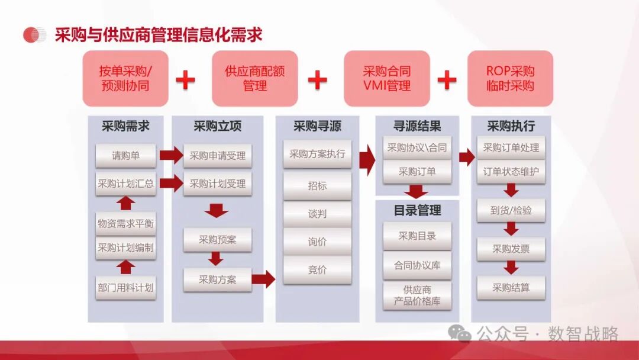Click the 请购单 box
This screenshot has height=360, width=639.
(125, 156)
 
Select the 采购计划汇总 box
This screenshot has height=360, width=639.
(125, 184)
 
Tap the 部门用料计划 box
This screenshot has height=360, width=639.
(125, 288)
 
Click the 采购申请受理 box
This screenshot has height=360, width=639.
(217, 156)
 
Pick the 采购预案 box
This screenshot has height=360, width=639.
(217, 240)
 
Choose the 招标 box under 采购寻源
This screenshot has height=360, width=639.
(317, 186)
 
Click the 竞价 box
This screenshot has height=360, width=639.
(317, 270)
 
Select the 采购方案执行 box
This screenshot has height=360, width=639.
(317, 155)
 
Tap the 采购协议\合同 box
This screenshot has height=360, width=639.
(417, 148)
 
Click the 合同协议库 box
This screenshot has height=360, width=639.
(417, 265)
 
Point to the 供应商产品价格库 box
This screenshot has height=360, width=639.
(417, 295)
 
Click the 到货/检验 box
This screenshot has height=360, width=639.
(511, 210)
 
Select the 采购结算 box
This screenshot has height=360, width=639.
(511, 288)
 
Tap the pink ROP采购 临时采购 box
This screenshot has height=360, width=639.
(510, 78)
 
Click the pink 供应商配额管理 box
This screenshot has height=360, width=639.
(255, 78)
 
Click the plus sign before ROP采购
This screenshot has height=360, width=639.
(447, 79)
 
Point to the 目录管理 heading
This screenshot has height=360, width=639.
(417, 210)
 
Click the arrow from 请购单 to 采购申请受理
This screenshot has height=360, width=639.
(171, 156)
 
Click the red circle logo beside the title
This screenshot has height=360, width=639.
(34, 35)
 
